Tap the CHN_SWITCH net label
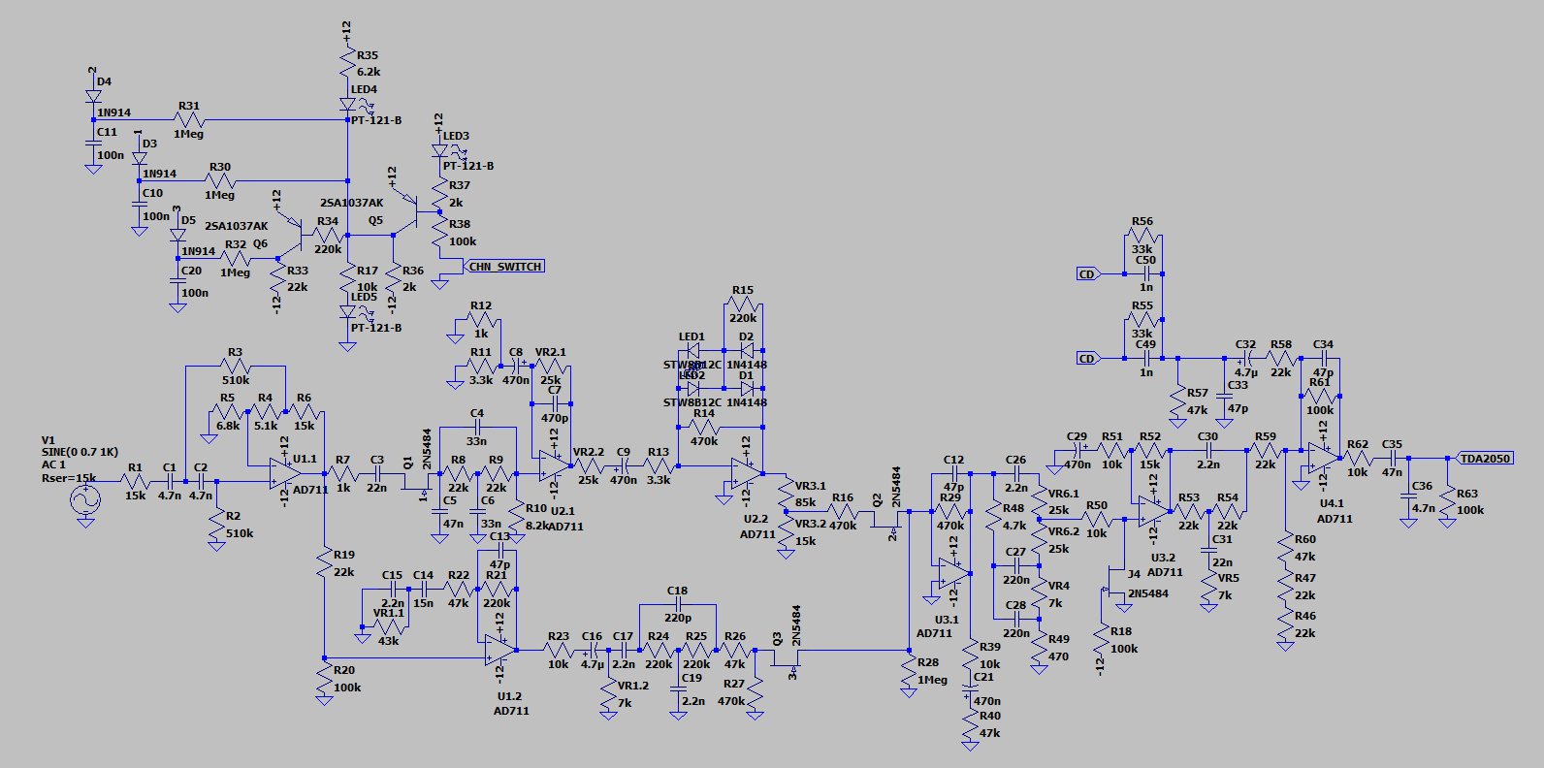[x=504, y=266]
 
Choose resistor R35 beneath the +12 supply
[x=347, y=64]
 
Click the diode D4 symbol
[x=93, y=96]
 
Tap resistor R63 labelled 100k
[x=1448, y=501]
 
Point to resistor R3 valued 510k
[x=236, y=367]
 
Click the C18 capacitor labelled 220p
[x=677, y=605]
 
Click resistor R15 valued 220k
[x=743, y=304]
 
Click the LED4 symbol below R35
[x=347, y=104]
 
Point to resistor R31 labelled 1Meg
[x=189, y=120]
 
